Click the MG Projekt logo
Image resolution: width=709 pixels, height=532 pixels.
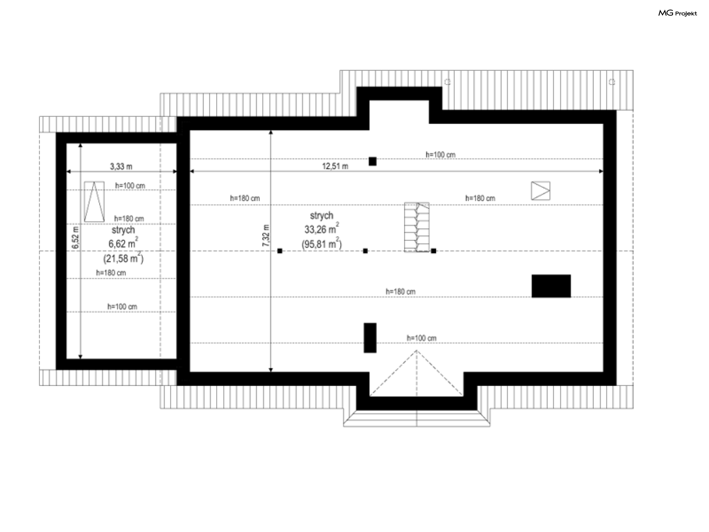click(x=678, y=13)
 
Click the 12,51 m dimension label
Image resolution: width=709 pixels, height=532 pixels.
click(x=335, y=166)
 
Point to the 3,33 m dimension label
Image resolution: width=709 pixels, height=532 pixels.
click(x=121, y=166)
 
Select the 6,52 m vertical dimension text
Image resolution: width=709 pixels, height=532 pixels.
click(x=75, y=237)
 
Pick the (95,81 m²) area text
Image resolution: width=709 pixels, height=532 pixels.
click(x=322, y=243)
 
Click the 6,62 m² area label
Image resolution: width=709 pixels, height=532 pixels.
click(x=123, y=243)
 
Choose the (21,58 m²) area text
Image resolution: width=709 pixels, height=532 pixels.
click(x=123, y=258)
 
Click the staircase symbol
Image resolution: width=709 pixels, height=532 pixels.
click(x=417, y=227)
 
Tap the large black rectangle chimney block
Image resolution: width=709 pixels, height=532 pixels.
click(x=551, y=286)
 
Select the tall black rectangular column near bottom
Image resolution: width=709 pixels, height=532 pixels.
click(x=370, y=338)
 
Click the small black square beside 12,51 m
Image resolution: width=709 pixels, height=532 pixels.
click(x=373, y=161)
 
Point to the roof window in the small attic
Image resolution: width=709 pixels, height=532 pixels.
click(x=94, y=201)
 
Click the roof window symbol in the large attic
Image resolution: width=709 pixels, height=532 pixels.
click(x=541, y=191)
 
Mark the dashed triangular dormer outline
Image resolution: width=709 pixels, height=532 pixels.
click(x=416, y=373)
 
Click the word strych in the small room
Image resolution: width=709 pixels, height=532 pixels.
click(x=123, y=230)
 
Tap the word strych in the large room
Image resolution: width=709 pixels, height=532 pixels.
click(x=322, y=215)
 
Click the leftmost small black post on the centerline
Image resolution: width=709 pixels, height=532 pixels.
click(x=280, y=251)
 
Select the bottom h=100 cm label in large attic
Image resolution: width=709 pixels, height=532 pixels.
click(x=421, y=338)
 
